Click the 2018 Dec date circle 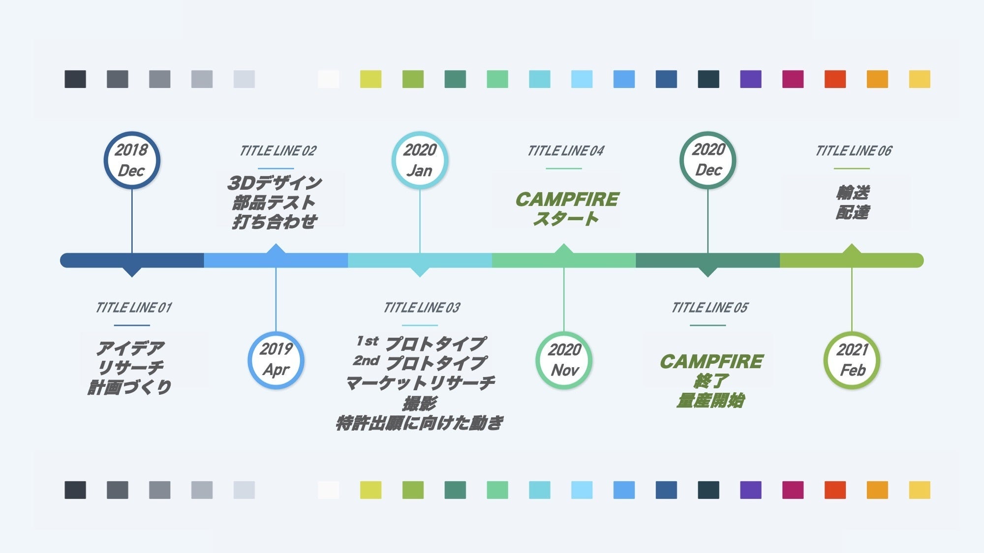(132, 160)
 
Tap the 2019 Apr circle (276, 360)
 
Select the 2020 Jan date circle (420, 160)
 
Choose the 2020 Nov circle (564, 360)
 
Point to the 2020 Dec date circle (708, 160)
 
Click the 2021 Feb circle (852, 360)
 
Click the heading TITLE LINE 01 (133, 308)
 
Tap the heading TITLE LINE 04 (565, 151)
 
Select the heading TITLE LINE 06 (853, 151)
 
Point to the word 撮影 (419, 404)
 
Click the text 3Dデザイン (275, 183)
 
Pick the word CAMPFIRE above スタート (567, 200)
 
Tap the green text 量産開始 (710, 401)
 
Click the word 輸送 (852, 192)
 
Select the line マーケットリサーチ (420, 383)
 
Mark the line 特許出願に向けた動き (419, 423)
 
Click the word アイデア (130, 348)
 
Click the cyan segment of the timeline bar (420, 260)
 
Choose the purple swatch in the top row (750, 79)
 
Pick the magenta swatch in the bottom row (793, 490)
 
